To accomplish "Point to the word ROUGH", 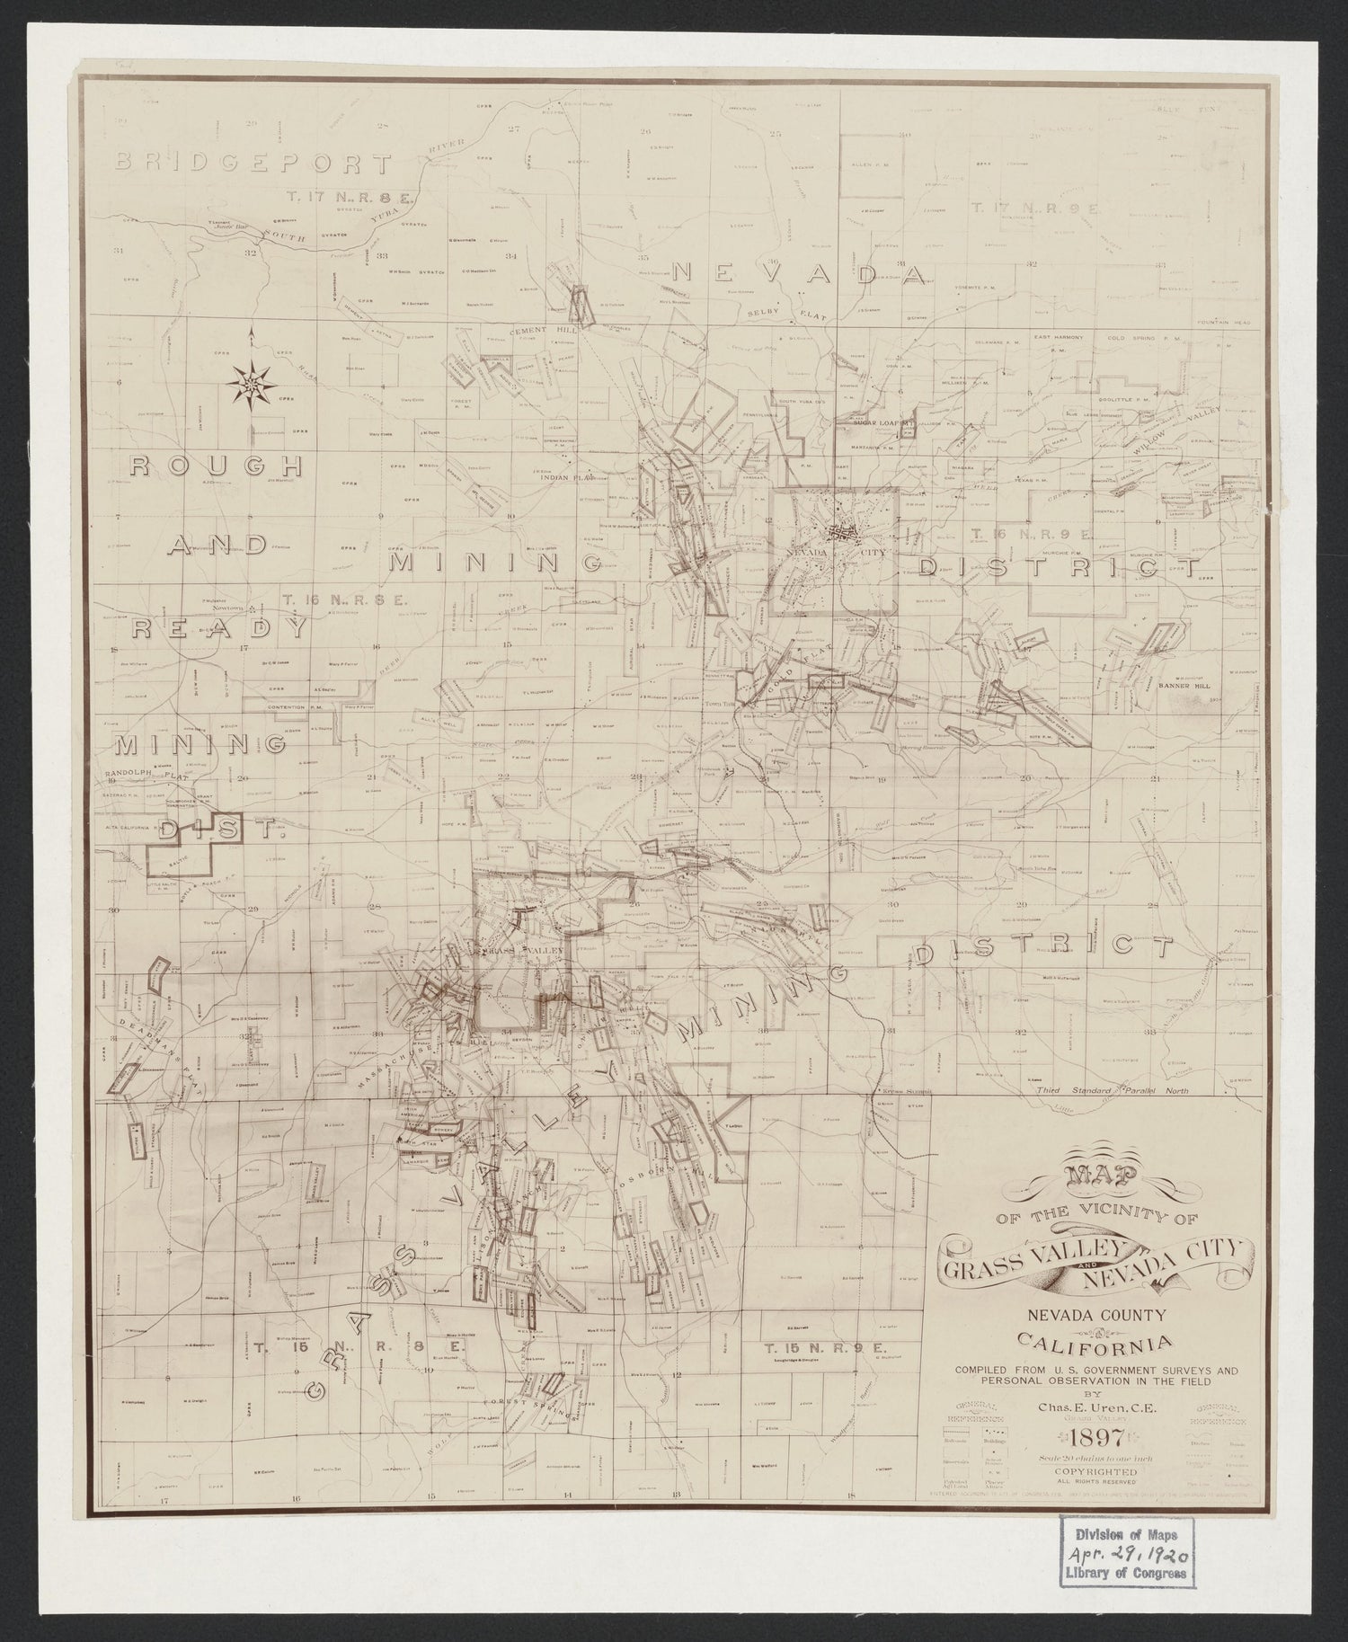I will (x=215, y=466).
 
